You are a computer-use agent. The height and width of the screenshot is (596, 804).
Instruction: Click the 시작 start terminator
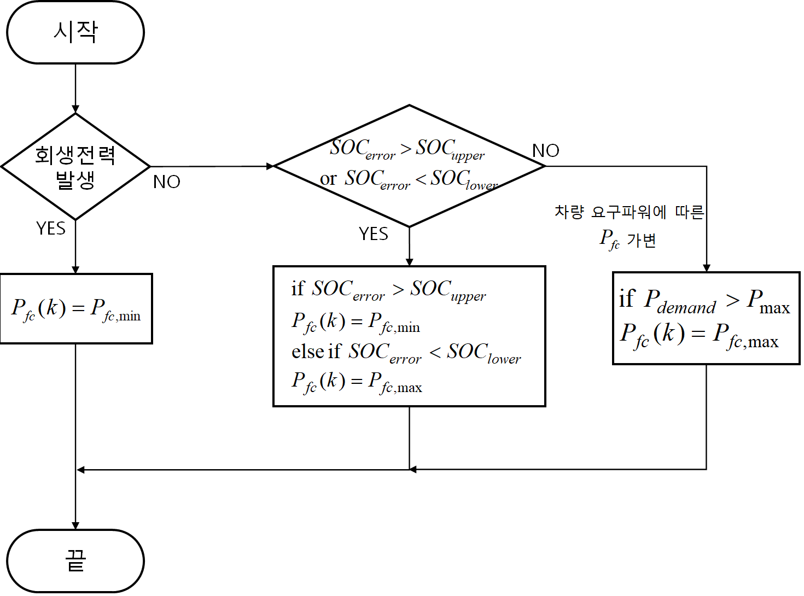click(75, 32)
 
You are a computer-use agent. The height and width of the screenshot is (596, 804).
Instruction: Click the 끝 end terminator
click(75, 560)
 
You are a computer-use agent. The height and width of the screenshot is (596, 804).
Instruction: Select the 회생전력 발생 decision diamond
click(75, 166)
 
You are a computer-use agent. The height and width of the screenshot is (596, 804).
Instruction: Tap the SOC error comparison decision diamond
click(409, 166)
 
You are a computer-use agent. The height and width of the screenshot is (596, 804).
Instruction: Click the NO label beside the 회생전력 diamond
click(167, 182)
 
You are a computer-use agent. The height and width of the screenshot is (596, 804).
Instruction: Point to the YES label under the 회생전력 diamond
click(51, 228)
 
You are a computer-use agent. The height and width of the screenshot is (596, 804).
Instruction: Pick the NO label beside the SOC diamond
click(545, 150)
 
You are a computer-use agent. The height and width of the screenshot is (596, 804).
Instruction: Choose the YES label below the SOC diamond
click(374, 234)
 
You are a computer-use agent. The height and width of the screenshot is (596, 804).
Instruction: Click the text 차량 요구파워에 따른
click(629, 212)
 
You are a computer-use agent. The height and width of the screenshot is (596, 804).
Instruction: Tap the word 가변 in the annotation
click(642, 240)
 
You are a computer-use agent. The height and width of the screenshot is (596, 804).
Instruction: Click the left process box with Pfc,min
click(76, 308)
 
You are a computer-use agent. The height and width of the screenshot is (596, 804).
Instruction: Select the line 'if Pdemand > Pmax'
click(704, 301)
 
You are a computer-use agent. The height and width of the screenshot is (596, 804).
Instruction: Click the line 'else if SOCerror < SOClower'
click(406, 352)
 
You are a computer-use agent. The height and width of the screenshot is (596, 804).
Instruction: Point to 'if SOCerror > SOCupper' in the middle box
click(388, 289)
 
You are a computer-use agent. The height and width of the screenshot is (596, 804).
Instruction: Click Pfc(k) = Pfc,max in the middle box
click(357, 381)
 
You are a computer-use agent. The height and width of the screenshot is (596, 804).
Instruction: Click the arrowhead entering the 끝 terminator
click(75, 525)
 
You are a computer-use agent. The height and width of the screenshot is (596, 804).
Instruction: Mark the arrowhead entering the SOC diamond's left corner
click(269, 166)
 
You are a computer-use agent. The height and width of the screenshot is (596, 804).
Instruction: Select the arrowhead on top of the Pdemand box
click(706, 268)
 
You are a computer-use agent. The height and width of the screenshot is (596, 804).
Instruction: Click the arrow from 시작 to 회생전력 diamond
click(75, 87)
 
